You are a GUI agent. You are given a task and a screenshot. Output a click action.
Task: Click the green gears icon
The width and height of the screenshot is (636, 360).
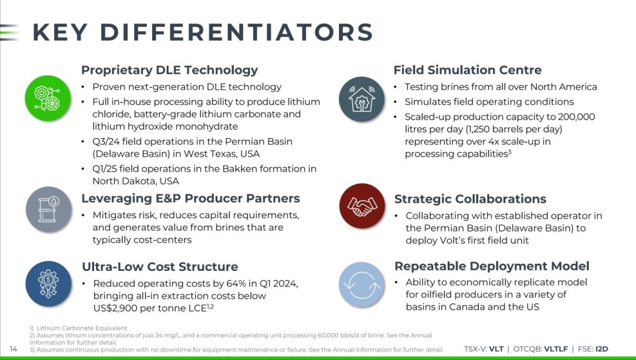coord(48,98)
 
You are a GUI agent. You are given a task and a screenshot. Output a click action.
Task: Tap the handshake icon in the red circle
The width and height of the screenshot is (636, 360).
coord(362,206)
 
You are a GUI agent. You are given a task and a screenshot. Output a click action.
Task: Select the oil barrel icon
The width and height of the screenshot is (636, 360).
coord(49,209)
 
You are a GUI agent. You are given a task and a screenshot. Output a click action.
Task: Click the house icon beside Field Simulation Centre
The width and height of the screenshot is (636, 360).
coord(362,99)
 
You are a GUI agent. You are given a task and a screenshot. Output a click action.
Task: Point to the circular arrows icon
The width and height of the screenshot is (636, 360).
coord(362,284)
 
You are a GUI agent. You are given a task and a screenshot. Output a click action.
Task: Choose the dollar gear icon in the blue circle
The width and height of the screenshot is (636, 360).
coord(48,284)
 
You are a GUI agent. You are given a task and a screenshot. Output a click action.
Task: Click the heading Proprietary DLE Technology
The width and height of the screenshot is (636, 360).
coord(170,70)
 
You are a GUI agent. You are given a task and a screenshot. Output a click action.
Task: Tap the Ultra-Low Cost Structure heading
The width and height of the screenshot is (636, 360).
coord(160,267)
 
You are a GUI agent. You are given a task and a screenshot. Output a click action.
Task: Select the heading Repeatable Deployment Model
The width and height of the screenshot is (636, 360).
coord(492,267)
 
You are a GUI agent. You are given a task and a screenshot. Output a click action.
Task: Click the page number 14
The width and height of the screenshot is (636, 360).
coord(13,349)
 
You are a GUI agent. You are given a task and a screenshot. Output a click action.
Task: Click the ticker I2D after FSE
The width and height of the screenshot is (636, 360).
coord(602,349)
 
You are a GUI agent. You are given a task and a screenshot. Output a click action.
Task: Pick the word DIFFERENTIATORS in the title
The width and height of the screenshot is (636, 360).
coord(236,32)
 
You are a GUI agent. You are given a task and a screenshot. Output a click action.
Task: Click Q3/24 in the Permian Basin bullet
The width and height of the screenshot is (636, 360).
coord(106,142)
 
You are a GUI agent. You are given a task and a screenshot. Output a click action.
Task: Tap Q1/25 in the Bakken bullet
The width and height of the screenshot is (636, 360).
coord(105,169)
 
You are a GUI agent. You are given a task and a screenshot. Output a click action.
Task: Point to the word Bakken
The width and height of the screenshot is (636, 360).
coord(240,169)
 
